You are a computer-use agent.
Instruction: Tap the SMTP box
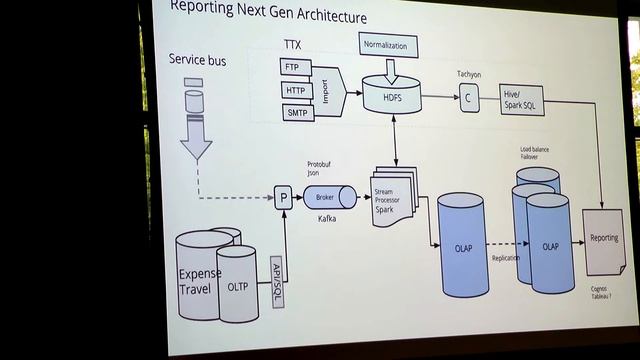point(297,113)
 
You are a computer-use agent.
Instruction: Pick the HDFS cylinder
point(393,97)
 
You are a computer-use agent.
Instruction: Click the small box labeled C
point(468,100)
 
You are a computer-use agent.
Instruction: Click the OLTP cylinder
point(238,286)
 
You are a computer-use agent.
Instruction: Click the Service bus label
point(197,61)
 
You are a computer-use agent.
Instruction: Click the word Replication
point(506,257)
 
